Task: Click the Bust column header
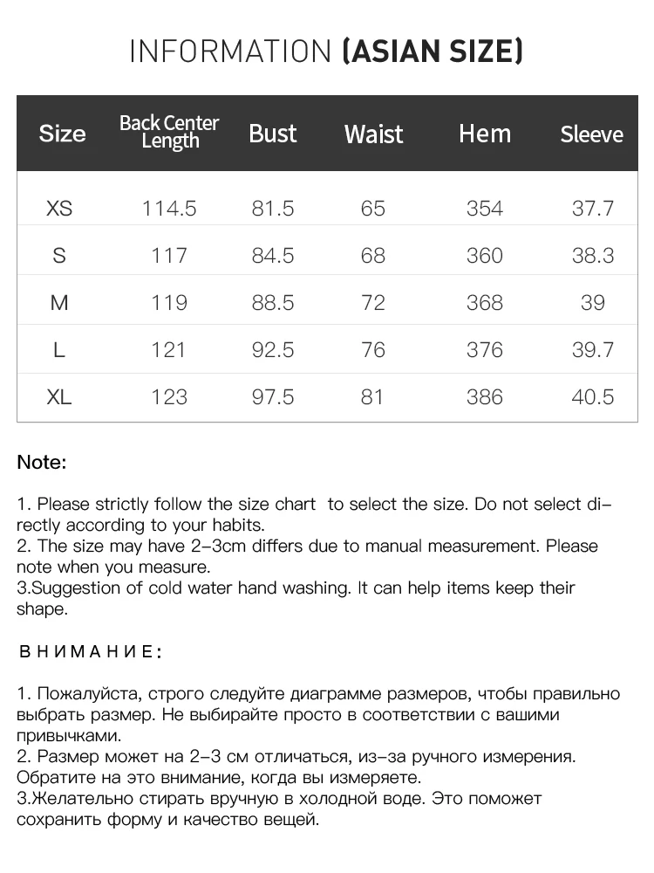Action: pos(273,134)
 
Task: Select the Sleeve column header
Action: pos(591,134)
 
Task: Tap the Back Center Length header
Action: pos(169,132)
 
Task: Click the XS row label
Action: pos(59,209)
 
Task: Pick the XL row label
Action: pos(59,397)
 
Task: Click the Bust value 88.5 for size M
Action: pos(273,303)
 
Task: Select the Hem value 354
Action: pos(485,209)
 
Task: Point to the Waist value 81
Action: pos(372,397)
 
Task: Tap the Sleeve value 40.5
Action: pos(593,397)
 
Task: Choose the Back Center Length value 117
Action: pos(169,256)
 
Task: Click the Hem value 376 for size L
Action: pos(485,350)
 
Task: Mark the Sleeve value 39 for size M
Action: pos(593,303)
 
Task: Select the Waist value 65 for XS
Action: pos(372,209)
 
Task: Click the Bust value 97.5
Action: pos(273,397)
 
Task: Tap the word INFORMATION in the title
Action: pos(230,52)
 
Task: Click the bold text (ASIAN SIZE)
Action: pos(433,52)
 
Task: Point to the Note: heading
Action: pos(42,463)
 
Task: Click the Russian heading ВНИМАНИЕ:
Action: pos(90,652)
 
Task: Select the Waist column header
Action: pos(373,134)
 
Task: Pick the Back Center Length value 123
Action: pos(169,397)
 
